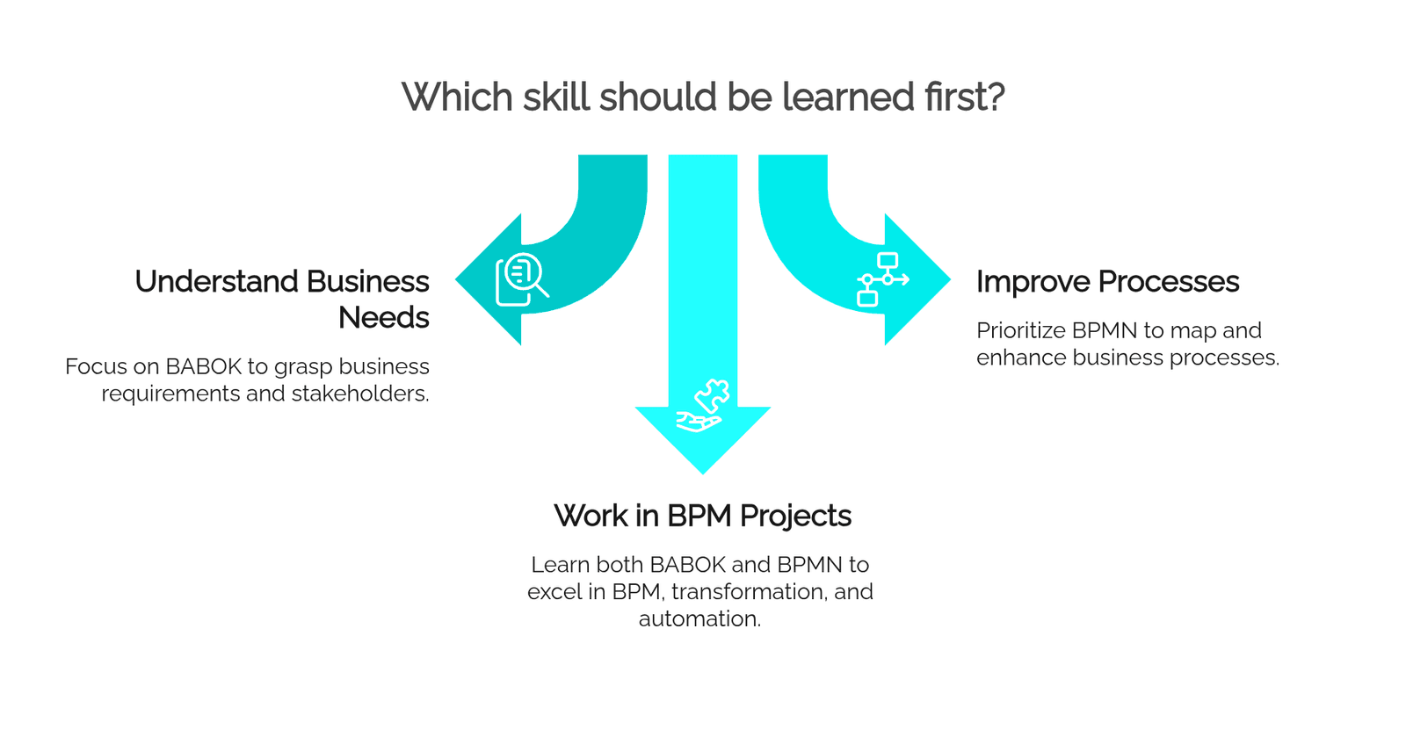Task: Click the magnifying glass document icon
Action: [x=522, y=279]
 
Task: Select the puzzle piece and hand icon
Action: [x=703, y=406]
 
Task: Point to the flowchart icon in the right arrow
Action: [x=883, y=279]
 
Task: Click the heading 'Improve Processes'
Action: [x=1108, y=281]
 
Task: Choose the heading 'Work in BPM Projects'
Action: [x=702, y=516]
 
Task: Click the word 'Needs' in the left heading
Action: [x=383, y=317]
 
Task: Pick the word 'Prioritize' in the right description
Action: [x=1021, y=330]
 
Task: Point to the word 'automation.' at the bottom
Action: [x=699, y=619]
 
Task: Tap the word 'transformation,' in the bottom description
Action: [x=749, y=592]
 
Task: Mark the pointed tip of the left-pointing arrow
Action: [x=456, y=279]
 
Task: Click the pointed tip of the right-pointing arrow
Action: [x=951, y=279]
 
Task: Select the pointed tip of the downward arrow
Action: [x=703, y=473]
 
